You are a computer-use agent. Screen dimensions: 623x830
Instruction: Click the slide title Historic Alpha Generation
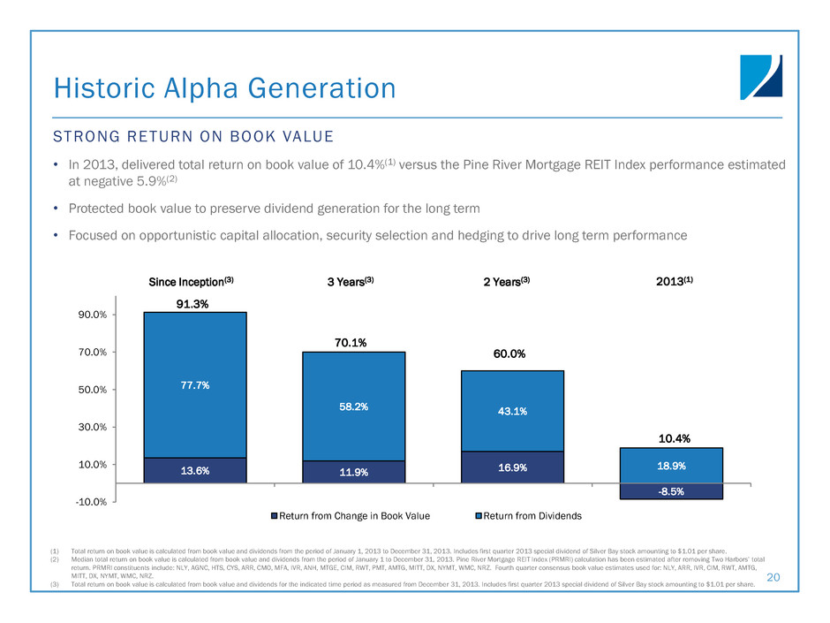225,87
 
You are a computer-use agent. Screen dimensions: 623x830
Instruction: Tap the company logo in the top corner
761,78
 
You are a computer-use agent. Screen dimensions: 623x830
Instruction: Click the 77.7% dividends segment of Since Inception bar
194,385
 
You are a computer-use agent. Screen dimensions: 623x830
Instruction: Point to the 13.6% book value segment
194,470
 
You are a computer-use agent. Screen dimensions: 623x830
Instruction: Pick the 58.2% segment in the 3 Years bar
353,406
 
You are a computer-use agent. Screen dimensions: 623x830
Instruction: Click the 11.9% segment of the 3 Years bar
353,472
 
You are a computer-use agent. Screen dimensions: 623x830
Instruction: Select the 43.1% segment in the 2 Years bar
512,411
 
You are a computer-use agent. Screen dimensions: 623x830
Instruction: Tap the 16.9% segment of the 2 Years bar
512,467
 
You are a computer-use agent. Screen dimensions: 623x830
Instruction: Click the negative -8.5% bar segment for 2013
671,491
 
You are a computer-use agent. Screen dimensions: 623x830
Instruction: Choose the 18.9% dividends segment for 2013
671,465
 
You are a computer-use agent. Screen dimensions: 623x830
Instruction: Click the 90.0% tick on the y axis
92,315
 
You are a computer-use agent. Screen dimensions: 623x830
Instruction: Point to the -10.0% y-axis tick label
90,502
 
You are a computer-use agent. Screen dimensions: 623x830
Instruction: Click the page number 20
774,576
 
